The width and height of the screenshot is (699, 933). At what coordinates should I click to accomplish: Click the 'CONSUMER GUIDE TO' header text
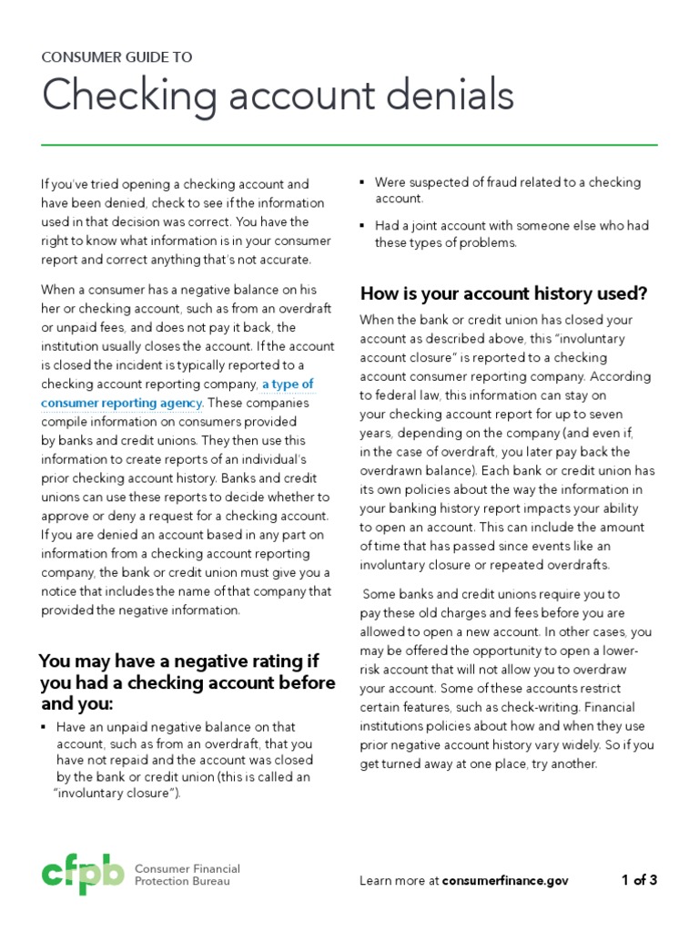click(x=116, y=56)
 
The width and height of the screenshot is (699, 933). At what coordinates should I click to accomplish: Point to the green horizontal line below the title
click(x=349, y=145)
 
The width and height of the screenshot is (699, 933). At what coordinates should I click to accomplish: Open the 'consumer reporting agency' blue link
click(x=122, y=403)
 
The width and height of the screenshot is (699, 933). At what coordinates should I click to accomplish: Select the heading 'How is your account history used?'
click(x=503, y=293)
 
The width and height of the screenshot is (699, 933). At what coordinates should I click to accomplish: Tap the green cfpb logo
click(x=82, y=875)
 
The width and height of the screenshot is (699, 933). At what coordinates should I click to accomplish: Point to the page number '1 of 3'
click(x=639, y=880)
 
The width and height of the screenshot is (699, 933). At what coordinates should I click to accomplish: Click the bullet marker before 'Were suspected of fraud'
click(x=364, y=183)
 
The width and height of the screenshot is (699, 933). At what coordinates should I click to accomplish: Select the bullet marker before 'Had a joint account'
click(x=364, y=226)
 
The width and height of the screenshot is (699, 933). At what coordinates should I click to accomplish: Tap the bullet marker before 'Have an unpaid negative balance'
click(x=45, y=727)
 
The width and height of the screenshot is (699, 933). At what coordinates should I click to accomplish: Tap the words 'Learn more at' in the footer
click(x=399, y=880)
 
